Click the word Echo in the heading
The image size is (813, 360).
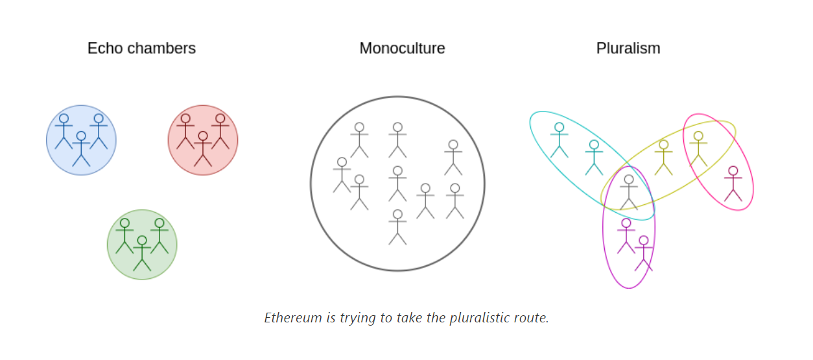(x=105, y=48)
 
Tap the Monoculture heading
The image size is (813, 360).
(x=402, y=48)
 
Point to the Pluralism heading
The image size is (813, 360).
(x=628, y=48)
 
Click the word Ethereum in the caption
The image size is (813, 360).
(x=293, y=318)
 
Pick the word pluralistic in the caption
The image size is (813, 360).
(x=476, y=318)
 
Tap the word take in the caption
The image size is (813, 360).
(x=409, y=318)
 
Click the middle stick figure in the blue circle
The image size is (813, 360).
(x=81, y=149)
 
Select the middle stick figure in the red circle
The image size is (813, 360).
(x=203, y=149)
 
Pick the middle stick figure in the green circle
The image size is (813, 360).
(x=142, y=253)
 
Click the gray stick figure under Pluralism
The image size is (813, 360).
(x=629, y=193)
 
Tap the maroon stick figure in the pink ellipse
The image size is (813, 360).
(x=733, y=184)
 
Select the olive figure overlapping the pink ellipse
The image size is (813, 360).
(x=698, y=149)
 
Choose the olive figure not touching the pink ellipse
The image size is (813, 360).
(x=663, y=158)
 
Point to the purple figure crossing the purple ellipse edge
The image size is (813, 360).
(x=644, y=253)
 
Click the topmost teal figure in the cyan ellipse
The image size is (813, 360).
(x=560, y=140)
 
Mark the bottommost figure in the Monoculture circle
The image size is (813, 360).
(x=398, y=227)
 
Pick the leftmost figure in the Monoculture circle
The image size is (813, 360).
(x=342, y=175)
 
